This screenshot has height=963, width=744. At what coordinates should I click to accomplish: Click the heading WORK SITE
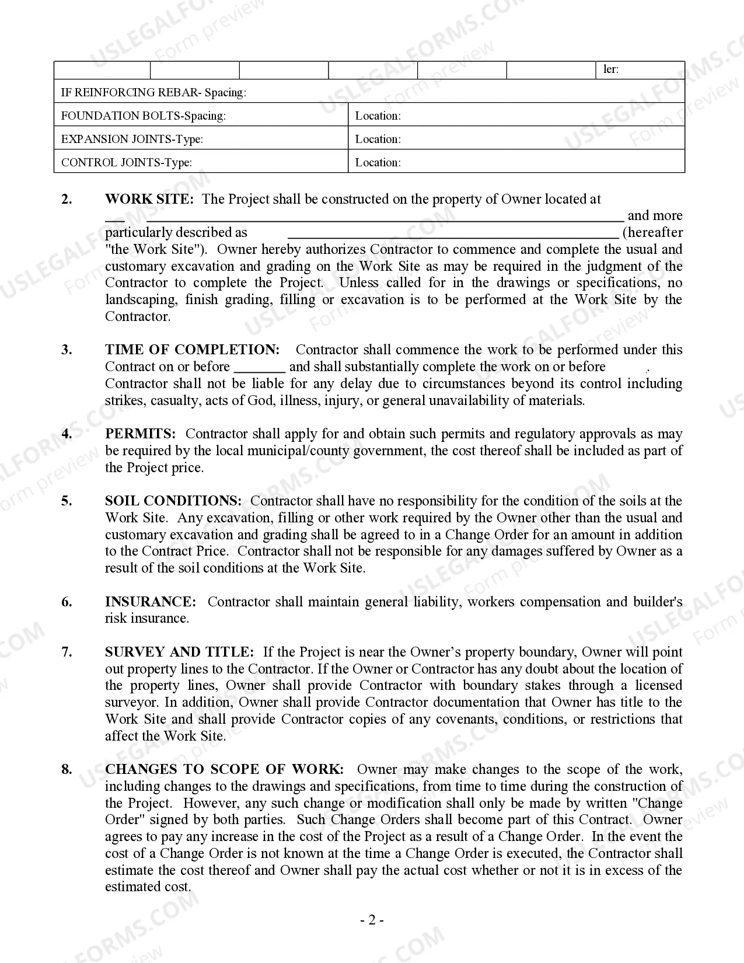(148, 199)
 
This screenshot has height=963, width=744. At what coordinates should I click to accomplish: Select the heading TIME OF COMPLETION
(192, 350)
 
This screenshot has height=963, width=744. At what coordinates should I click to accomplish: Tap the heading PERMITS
(140, 434)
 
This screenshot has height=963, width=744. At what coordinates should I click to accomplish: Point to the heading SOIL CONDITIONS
(173, 501)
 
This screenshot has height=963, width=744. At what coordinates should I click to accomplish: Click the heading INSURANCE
(151, 602)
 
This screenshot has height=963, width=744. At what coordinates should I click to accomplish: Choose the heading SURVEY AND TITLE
(179, 652)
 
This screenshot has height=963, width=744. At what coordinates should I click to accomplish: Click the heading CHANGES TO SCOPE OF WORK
(224, 769)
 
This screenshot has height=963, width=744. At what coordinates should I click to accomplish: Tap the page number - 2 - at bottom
(372, 920)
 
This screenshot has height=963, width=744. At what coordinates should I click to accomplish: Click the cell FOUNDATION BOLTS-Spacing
(143, 116)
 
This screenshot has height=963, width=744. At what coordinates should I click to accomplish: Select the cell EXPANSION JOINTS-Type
(132, 139)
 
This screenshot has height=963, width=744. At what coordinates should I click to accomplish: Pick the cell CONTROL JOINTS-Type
(126, 162)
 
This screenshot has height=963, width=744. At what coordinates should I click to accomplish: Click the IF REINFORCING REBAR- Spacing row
(153, 92)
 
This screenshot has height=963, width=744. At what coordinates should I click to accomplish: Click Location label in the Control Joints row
(378, 162)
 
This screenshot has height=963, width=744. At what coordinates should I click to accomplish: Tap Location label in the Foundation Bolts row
(378, 116)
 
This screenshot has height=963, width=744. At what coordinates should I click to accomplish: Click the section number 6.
(67, 602)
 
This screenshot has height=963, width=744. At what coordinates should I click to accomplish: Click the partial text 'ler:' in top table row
(610, 69)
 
